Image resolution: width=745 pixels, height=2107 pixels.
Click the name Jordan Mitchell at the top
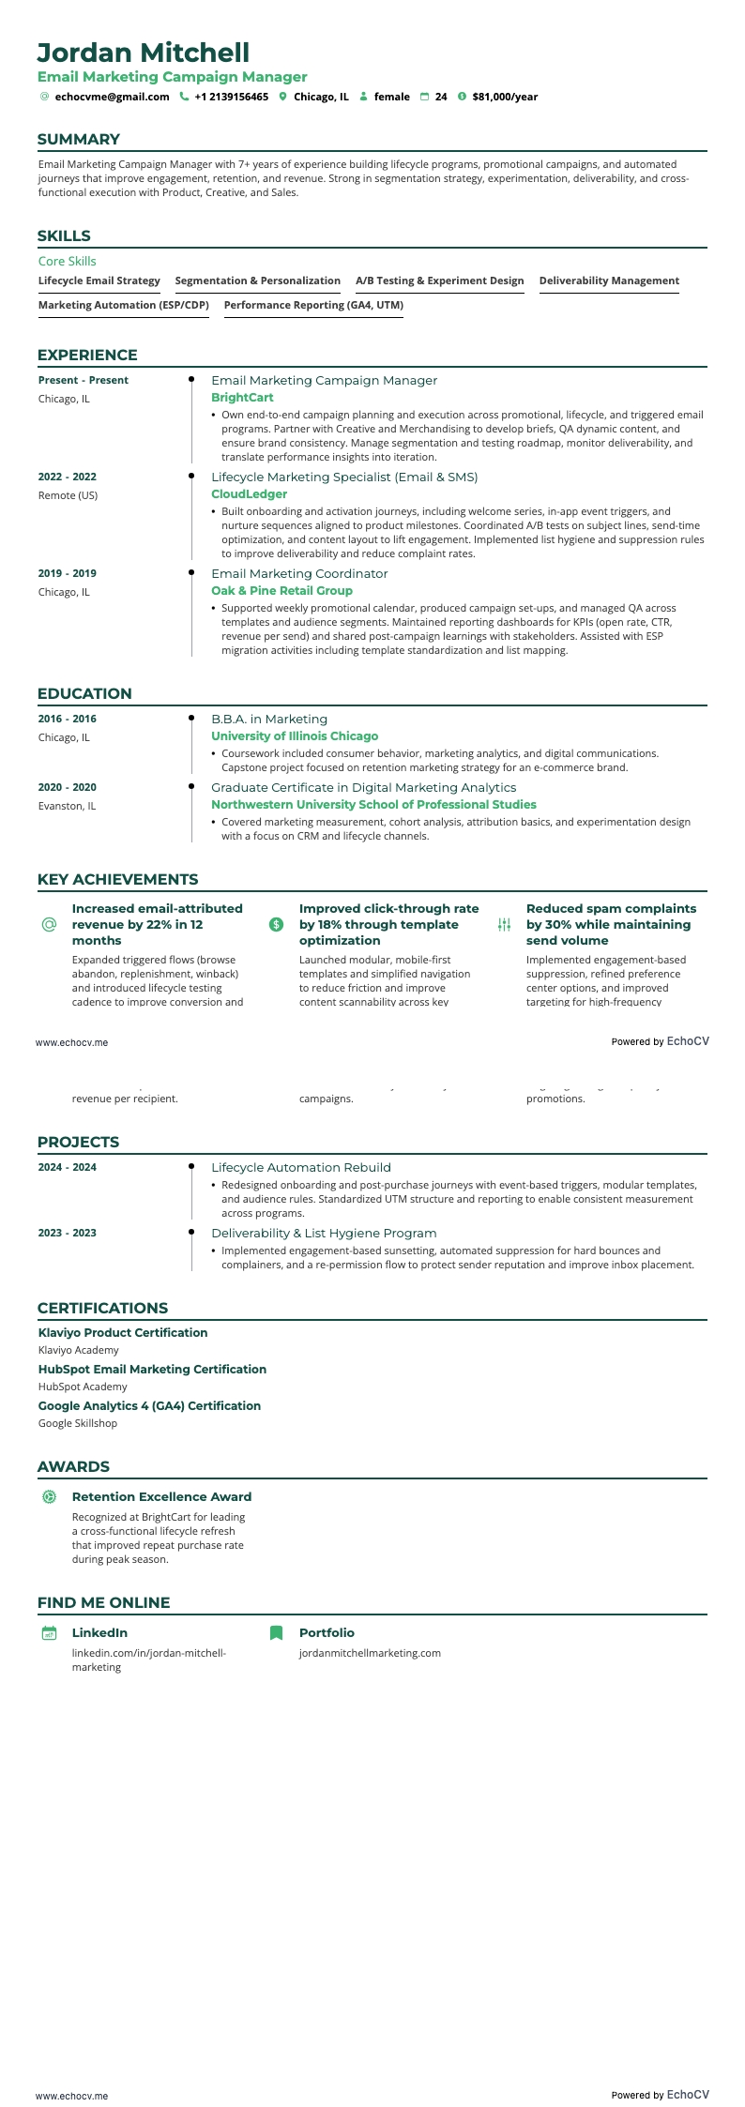tap(144, 53)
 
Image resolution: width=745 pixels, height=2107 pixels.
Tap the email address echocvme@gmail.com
tap(112, 97)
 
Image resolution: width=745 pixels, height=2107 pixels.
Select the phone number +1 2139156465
tap(231, 97)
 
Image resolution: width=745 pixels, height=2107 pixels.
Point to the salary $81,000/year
tap(505, 97)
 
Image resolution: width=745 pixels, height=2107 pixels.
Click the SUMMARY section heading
tap(79, 140)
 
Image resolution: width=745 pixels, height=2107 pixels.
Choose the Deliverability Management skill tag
tap(609, 280)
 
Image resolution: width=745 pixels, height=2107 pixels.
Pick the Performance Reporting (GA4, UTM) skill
tap(313, 305)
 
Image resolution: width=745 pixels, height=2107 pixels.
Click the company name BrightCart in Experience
tap(242, 398)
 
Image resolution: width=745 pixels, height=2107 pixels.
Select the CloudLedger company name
tap(249, 494)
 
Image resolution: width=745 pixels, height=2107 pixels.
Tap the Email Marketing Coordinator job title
tap(299, 573)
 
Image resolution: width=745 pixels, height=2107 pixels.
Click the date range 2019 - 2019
tap(68, 573)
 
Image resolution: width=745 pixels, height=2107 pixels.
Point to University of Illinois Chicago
tap(295, 736)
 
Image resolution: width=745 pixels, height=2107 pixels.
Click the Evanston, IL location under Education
tap(67, 806)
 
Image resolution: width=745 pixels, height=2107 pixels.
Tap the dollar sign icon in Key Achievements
tap(276, 925)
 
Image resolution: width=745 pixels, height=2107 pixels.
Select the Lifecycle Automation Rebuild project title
tap(301, 1167)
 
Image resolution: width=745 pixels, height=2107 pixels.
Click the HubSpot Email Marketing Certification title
tap(152, 1369)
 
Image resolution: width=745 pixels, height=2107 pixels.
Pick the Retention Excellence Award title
tap(161, 1496)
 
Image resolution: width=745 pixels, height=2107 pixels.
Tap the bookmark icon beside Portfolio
tap(276, 1632)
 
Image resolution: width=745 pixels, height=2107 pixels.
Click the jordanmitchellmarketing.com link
tap(370, 1653)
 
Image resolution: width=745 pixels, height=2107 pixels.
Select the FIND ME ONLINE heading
tap(103, 1602)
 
